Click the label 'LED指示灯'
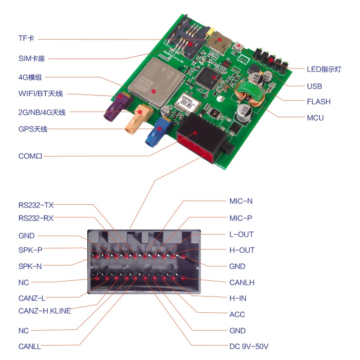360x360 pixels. click(x=324, y=69)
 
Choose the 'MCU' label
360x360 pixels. click(x=315, y=118)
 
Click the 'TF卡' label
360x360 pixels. click(x=26, y=39)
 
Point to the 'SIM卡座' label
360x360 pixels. click(x=33, y=58)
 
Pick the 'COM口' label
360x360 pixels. click(x=30, y=156)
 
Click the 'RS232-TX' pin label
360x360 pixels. click(x=36, y=205)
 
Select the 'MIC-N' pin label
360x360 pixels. click(x=241, y=201)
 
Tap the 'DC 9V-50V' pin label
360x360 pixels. click(x=249, y=346)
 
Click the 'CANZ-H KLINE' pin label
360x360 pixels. click(x=45, y=311)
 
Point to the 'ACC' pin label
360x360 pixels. click(x=237, y=315)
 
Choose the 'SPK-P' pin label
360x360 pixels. click(x=31, y=250)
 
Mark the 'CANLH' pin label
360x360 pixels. click(x=242, y=283)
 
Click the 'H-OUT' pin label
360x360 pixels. click(x=242, y=250)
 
